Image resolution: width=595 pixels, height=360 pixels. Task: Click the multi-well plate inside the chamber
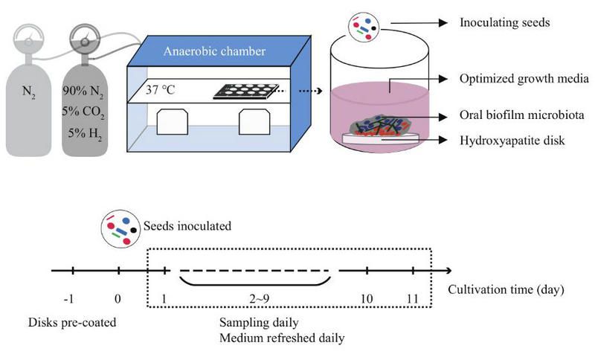pos(246,93)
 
